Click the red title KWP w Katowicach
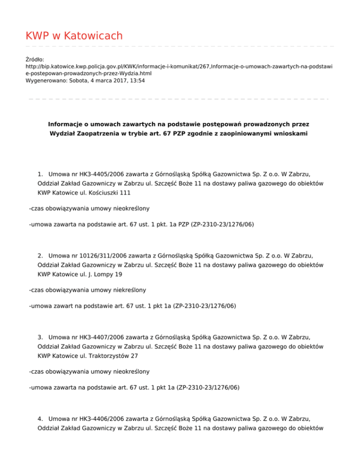coord(74,36)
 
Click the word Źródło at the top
coord(35,60)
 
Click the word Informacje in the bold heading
coord(67,125)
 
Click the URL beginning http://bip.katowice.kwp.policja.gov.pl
coord(178,67)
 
